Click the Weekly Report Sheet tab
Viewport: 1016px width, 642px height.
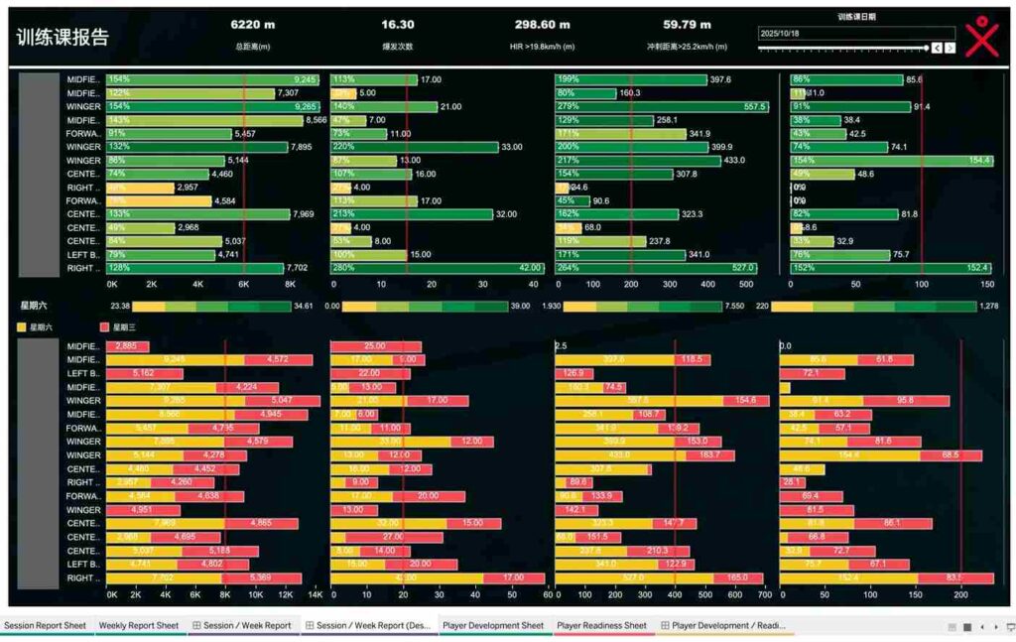pyautogui.click(x=139, y=626)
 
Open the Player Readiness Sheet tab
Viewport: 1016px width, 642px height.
pyautogui.click(x=601, y=626)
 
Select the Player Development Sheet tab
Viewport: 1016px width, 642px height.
pyautogui.click(x=493, y=626)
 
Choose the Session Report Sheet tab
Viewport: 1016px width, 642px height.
pyautogui.click(x=45, y=626)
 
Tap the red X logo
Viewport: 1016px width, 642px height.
pyautogui.click(x=981, y=36)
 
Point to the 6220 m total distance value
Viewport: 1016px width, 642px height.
pyautogui.click(x=252, y=25)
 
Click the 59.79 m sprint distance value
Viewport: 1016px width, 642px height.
pyautogui.click(x=687, y=25)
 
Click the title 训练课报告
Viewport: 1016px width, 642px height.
pyautogui.click(x=63, y=38)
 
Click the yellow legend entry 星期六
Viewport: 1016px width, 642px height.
pyautogui.click(x=20, y=326)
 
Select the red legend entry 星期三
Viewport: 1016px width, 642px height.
pyautogui.click(x=104, y=326)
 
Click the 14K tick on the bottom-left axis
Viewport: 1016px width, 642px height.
pyautogui.click(x=316, y=595)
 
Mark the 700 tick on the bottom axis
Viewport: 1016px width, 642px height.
pyautogui.click(x=764, y=595)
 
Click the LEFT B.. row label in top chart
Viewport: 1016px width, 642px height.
pyautogui.click(x=83, y=255)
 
